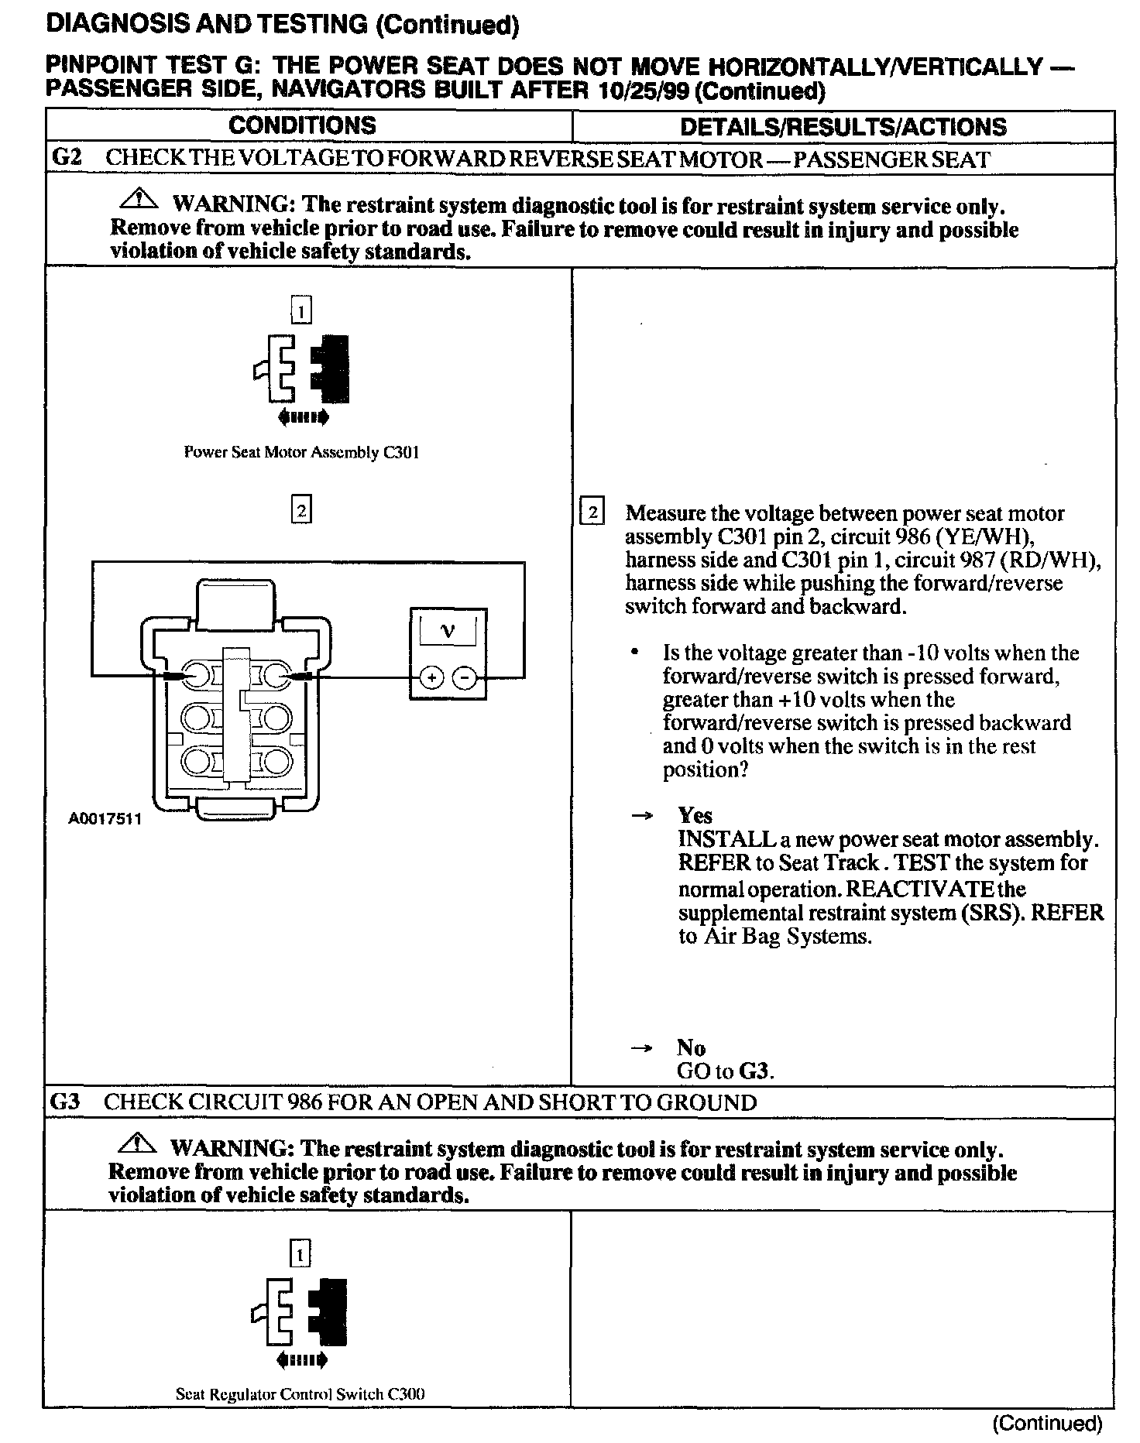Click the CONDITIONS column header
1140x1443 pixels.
(x=302, y=125)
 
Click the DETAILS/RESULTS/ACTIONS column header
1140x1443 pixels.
(x=843, y=127)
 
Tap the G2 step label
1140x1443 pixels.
(x=67, y=159)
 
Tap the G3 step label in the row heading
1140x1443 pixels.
(x=65, y=1102)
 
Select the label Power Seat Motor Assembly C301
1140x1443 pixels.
(x=301, y=453)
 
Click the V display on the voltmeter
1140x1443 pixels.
(x=448, y=630)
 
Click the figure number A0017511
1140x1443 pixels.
(x=105, y=819)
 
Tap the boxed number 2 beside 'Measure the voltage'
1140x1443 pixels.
(x=592, y=512)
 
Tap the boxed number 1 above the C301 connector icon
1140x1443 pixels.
(x=300, y=311)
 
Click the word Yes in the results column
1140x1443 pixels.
(x=695, y=815)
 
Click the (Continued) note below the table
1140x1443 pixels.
(x=1047, y=1423)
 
